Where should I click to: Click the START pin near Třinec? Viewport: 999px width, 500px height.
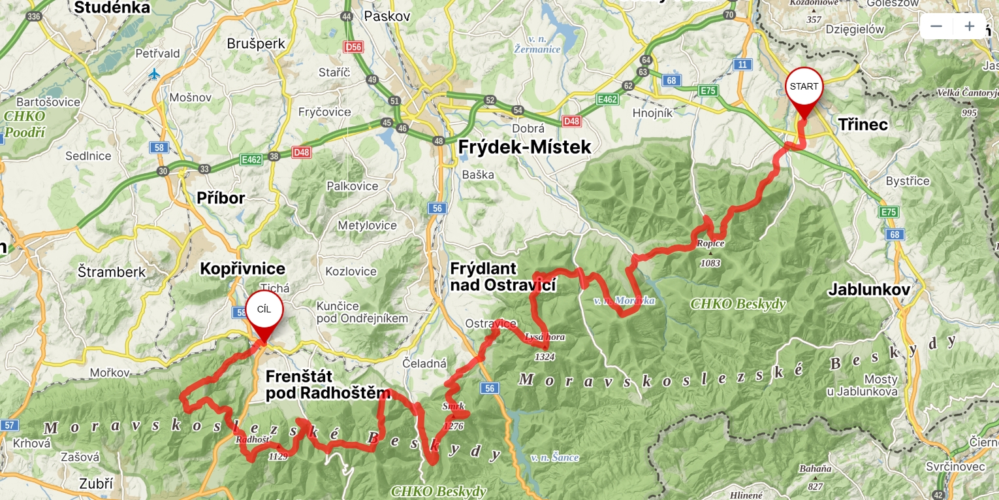point(804,88)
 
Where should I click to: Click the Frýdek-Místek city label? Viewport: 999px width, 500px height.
point(524,147)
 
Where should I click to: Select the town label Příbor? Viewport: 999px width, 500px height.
point(221,198)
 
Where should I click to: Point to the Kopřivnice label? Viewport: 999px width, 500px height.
point(242,269)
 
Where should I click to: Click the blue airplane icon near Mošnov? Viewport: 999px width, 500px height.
point(154,74)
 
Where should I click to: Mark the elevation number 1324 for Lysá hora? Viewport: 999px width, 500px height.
point(545,357)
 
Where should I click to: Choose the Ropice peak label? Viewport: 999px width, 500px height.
point(710,244)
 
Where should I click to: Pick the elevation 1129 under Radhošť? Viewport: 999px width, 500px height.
point(277,456)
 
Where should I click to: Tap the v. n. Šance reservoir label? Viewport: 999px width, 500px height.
point(554,458)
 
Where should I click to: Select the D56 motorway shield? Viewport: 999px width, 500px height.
point(353,47)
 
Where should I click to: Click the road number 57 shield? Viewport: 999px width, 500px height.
point(8,425)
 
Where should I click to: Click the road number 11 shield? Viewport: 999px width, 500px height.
point(742,64)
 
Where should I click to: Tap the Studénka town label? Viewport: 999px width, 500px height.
point(112,8)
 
